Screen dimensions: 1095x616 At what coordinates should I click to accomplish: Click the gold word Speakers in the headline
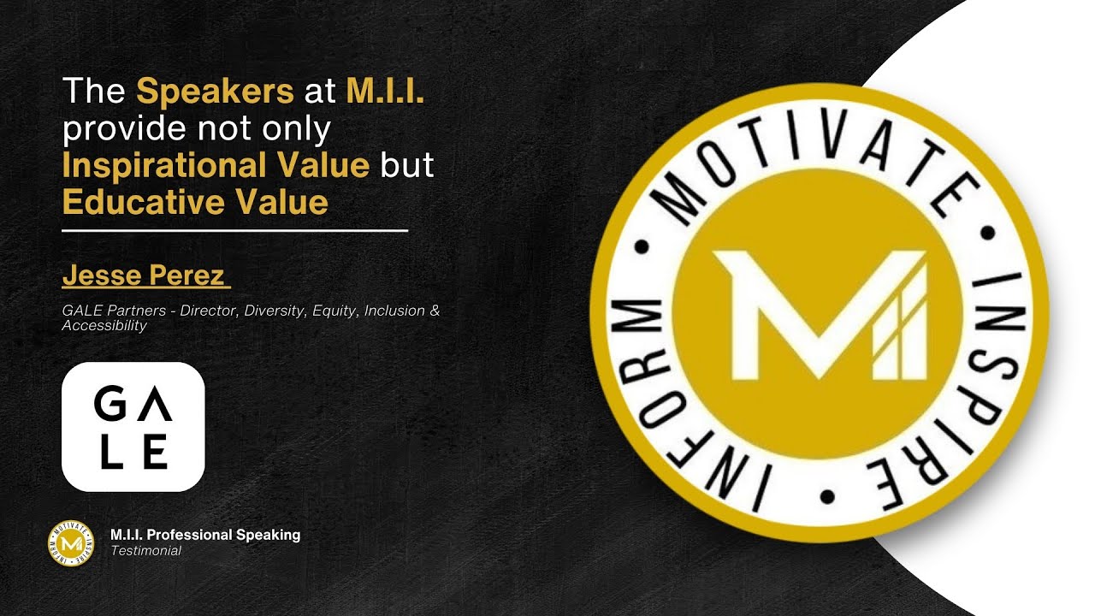click(215, 92)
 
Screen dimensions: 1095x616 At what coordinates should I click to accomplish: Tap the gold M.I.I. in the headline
click(385, 90)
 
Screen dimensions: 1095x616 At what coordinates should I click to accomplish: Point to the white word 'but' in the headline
click(407, 164)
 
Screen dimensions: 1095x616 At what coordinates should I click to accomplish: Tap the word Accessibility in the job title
click(104, 326)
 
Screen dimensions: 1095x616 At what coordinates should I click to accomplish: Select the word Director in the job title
click(208, 311)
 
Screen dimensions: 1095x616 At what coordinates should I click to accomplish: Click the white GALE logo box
click(133, 427)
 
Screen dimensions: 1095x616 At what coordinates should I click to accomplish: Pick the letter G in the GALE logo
click(110, 403)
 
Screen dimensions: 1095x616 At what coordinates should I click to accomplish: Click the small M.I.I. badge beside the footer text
click(71, 543)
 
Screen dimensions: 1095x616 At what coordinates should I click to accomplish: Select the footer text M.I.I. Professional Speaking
click(205, 535)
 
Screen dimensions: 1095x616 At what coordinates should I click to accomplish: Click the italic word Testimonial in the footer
click(145, 551)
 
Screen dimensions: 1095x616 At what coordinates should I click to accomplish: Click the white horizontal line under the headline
click(234, 230)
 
